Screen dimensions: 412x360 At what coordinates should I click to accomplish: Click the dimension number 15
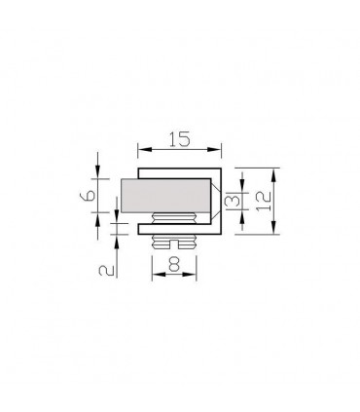179,139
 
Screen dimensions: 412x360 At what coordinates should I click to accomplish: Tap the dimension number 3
230,202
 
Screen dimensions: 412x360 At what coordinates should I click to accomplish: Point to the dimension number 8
175,264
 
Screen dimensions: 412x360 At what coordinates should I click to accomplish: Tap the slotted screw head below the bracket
176,241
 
